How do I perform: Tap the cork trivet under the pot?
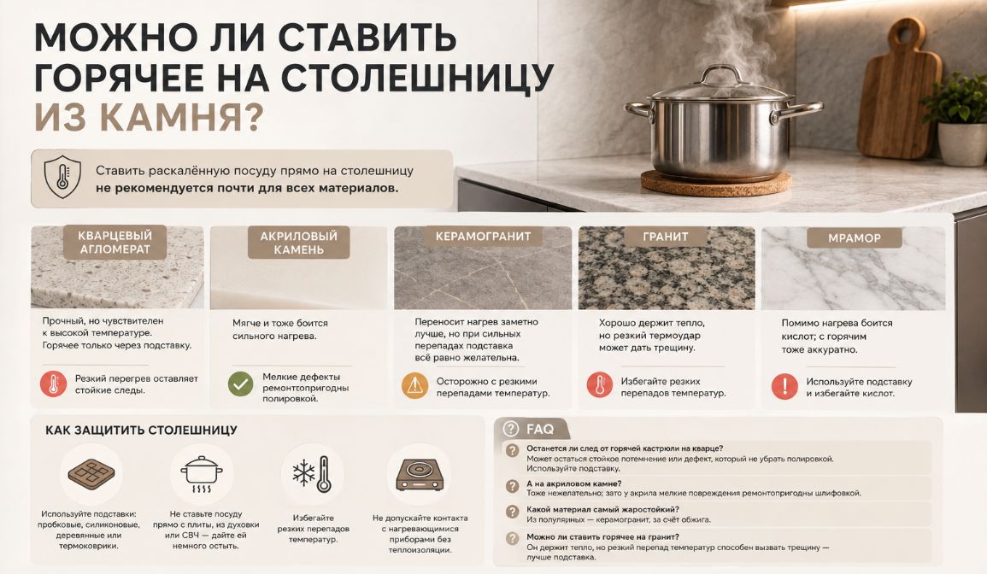coord(716,183)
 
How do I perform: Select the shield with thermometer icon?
coord(62,177)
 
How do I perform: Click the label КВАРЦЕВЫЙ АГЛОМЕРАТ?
coord(115,243)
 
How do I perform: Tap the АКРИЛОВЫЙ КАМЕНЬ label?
coord(299,243)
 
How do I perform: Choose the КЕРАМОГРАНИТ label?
coord(484,237)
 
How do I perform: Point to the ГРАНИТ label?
coord(666,237)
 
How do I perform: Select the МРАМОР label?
coord(855,238)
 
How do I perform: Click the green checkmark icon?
coord(240,384)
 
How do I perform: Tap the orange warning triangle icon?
coord(414,385)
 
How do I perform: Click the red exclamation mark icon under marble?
coord(784,386)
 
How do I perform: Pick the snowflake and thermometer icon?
coord(312,473)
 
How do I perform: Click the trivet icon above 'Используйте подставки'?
coord(91,474)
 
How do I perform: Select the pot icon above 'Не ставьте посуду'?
coord(202,474)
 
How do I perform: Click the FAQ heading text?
coord(540,430)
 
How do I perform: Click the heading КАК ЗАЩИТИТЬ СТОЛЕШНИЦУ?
coord(141,430)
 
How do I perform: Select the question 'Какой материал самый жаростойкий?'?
coord(602,509)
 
